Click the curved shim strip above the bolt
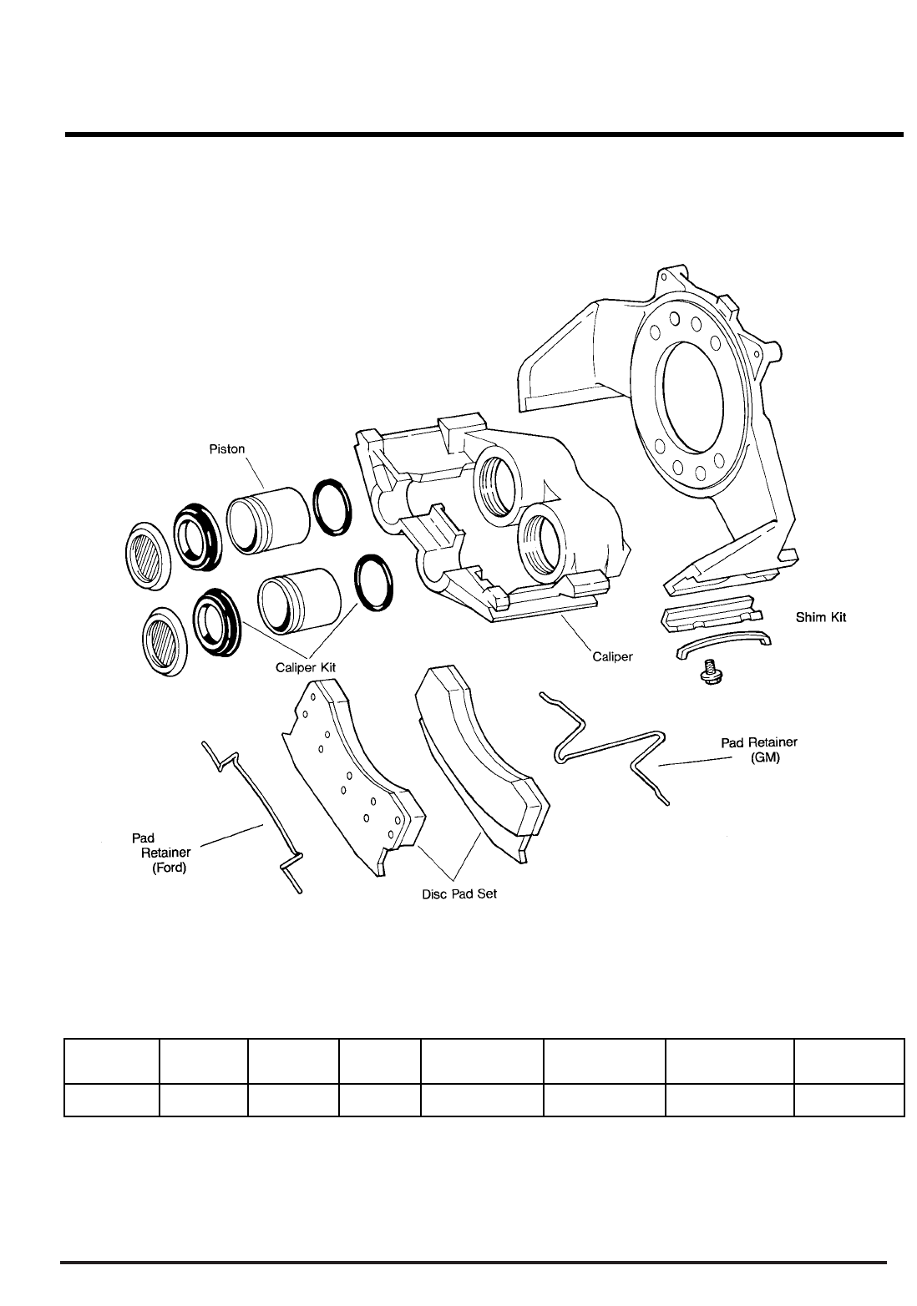tap(722, 648)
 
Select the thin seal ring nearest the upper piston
tap(332, 507)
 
